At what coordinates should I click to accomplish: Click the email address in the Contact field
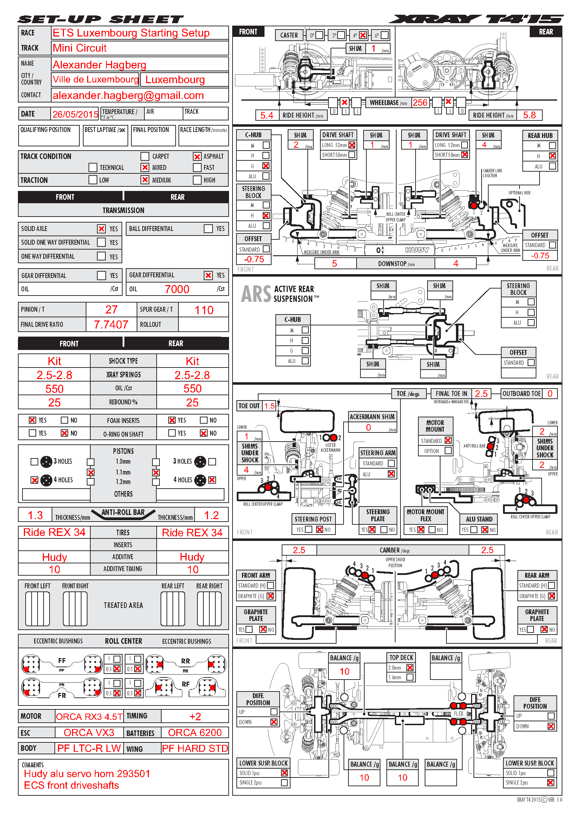point(128,95)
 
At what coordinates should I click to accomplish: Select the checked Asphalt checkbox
point(197,157)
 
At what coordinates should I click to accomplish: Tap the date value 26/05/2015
point(75,114)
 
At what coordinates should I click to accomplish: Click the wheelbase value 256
point(420,103)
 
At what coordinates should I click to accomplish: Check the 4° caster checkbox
point(363,35)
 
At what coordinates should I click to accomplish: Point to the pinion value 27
point(111,310)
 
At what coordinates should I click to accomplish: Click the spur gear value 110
point(204,310)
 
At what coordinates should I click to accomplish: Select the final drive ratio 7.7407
point(111,325)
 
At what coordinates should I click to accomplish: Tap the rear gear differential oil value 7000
point(177,289)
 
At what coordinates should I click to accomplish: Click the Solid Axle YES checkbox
point(102,229)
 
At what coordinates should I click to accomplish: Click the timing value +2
point(195,717)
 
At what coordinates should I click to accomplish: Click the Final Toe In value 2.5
point(481,394)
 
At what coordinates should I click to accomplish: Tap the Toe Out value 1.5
point(269,406)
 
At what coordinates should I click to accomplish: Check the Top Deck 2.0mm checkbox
point(410,668)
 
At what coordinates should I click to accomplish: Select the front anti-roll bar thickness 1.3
point(35,515)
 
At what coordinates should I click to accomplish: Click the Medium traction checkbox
point(145,180)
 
